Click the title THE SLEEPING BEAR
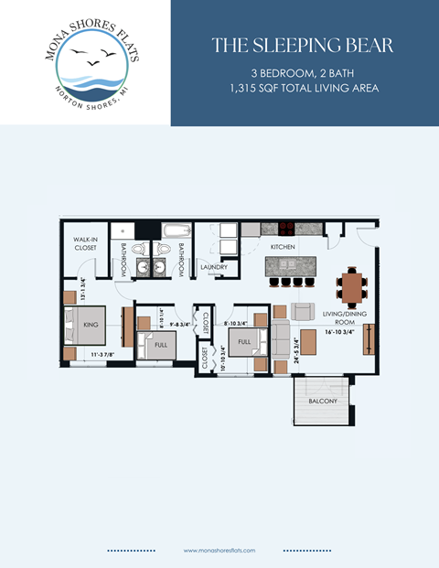point(303,45)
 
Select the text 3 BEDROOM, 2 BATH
point(303,71)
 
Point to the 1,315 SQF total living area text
point(303,87)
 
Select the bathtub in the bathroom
point(177,231)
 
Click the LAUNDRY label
point(213,267)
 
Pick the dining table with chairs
point(351,286)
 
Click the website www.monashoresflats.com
point(219,551)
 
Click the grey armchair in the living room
point(303,311)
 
